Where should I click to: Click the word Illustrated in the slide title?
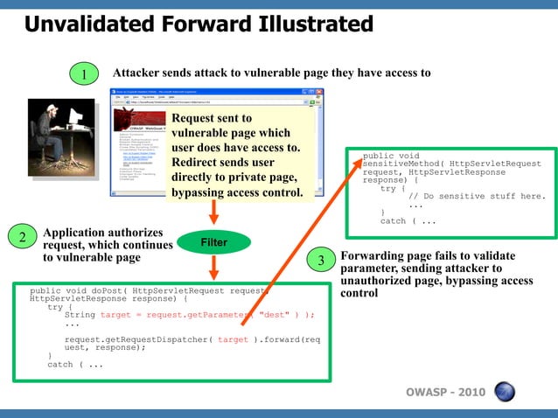(300, 24)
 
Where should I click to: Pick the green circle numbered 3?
(321, 261)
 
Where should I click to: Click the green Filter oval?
(214, 240)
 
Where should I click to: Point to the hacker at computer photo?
(60, 136)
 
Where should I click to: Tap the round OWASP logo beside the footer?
(505, 391)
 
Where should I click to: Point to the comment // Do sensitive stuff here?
(477, 196)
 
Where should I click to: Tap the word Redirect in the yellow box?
(198, 163)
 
